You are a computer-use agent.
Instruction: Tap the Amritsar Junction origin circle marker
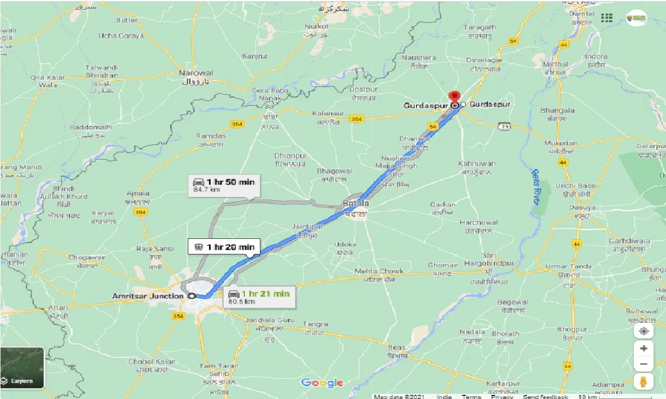191,296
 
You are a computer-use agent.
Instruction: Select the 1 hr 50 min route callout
225,186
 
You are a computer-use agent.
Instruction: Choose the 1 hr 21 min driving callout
259,297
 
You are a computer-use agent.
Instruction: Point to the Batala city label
356,204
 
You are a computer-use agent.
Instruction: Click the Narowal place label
196,73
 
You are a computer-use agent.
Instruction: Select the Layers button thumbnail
22,368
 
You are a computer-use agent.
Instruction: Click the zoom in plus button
643,348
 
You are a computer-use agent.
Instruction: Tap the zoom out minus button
643,364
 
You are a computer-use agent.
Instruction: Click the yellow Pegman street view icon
643,381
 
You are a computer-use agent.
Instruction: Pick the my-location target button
643,331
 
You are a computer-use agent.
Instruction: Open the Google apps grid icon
606,18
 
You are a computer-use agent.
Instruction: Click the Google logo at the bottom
322,383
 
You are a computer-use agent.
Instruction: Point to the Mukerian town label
561,143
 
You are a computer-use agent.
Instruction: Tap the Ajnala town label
137,194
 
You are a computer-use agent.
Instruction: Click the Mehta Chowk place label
379,271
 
